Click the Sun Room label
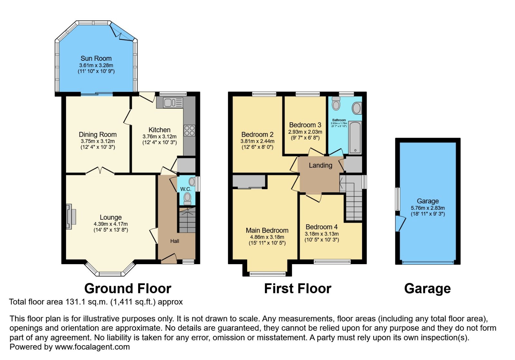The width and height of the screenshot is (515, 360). click(x=96, y=59)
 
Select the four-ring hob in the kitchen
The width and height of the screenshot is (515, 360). click(x=189, y=131)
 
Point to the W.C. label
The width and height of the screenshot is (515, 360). click(x=185, y=189)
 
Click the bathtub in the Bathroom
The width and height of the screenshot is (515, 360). click(x=355, y=138)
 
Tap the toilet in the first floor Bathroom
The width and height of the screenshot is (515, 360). click(x=336, y=104)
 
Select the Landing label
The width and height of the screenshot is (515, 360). click(x=320, y=165)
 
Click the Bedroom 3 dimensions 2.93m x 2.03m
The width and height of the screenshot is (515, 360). click(x=305, y=132)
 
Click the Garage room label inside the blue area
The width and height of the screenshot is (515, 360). click(x=427, y=201)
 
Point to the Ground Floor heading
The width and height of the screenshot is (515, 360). click(x=127, y=289)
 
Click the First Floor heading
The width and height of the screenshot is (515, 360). click(x=297, y=289)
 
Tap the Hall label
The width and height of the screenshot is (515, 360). click(x=174, y=241)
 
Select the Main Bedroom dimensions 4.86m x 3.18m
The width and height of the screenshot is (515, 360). click(x=267, y=237)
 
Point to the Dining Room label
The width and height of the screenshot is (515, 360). click(x=98, y=134)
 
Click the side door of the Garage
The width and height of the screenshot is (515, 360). click(x=399, y=223)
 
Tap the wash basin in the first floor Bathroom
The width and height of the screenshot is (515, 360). click(x=357, y=108)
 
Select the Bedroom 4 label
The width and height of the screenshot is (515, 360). click(x=321, y=227)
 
